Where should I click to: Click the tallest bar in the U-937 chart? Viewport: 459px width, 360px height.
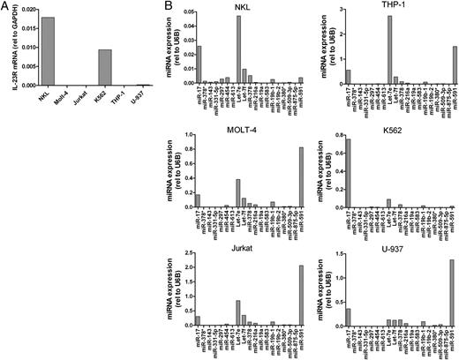pos(453,296)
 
